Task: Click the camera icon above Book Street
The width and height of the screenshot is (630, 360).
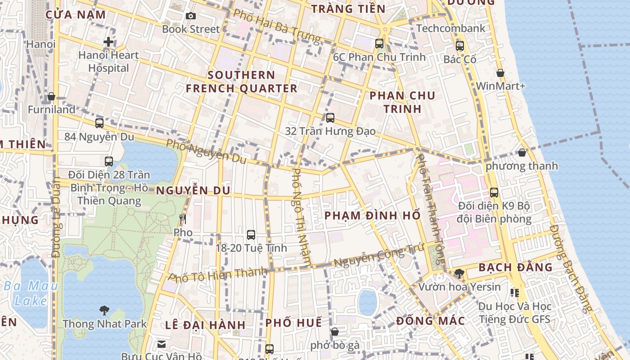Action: click(191, 16)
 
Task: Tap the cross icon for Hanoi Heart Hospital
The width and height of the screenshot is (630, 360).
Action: click(108, 42)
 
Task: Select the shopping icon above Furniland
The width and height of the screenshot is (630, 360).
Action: click(51, 97)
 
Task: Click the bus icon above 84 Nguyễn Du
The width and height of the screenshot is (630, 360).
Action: click(99, 123)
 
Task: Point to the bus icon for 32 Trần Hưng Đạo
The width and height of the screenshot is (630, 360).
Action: click(330, 118)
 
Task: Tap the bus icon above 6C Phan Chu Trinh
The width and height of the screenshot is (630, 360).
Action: click(379, 44)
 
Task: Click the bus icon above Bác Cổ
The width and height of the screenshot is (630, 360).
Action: click(459, 46)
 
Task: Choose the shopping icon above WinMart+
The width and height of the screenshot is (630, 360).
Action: click(500, 73)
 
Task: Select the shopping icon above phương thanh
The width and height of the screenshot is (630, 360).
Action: click(522, 153)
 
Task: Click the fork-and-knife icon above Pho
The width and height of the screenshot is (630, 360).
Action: click(182, 219)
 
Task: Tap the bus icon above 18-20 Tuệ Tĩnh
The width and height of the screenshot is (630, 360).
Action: click(251, 234)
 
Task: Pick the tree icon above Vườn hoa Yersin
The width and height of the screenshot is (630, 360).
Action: click(459, 273)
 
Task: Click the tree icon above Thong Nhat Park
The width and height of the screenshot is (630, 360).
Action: click(104, 310)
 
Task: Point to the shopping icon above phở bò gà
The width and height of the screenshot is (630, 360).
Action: click(335, 332)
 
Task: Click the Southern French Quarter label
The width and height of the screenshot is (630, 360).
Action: click(242, 81)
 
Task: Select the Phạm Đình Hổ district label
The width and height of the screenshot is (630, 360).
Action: click(372, 216)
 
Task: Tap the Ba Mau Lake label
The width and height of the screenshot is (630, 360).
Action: click(31, 293)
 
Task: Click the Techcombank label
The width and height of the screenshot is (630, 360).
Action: click(450, 28)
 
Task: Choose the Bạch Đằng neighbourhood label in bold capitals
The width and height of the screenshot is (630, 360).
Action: click(515, 267)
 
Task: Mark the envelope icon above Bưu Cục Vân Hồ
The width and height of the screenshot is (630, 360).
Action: click(161, 344)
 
